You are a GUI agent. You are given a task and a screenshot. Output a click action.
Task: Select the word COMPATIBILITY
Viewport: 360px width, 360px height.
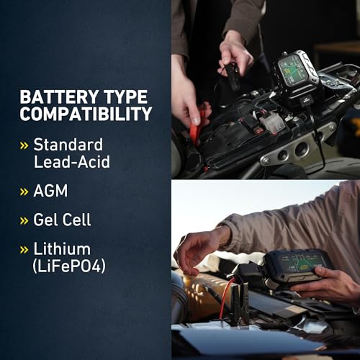[86, 114]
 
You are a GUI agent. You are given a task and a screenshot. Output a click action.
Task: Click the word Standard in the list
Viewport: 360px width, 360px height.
[68, 145]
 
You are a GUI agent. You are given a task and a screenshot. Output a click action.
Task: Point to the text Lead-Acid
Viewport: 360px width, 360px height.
[72, 161]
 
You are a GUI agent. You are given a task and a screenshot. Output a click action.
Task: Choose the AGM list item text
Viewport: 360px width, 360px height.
[50, 191]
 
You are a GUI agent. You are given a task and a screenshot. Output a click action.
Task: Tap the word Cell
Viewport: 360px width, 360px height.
[76, 220]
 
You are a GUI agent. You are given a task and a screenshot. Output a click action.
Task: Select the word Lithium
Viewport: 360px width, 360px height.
[62, 249]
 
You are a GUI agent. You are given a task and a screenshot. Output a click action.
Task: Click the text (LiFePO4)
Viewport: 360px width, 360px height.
[69, 266]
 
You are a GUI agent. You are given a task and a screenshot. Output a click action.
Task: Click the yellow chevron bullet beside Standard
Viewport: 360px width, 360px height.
[24, 145]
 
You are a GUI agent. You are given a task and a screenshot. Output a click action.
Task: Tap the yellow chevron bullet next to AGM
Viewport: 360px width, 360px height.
[24, 192]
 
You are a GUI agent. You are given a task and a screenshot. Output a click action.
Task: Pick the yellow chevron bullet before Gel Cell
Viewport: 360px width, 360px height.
[24, 220]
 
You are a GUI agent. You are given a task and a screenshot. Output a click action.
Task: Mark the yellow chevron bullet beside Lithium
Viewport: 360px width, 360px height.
[24, 250]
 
